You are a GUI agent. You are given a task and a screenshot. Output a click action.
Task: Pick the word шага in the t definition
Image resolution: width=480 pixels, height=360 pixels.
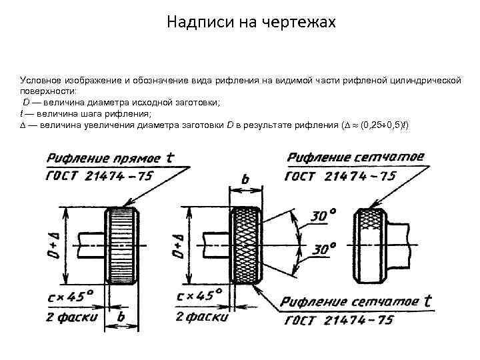(x=77, y=114)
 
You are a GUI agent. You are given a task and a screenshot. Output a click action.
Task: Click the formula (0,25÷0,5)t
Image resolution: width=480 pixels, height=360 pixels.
(x=384, y=125)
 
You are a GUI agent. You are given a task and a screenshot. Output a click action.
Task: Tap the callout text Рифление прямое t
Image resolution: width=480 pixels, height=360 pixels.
(x=110, y=158)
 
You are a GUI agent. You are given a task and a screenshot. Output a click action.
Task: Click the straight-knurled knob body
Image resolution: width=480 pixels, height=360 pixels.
(x=121, y=245)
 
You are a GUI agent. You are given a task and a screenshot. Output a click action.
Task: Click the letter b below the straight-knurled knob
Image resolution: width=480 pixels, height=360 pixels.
(x=121, y=318)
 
